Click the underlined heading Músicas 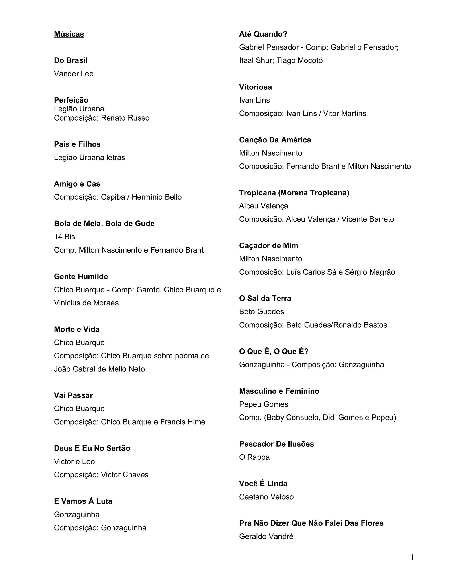click(69, 34)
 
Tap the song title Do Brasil click(71, 60)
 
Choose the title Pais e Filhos click(77, 144)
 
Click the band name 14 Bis click(65, 237)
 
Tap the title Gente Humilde click(81, 277)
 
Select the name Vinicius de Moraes click(86, 303)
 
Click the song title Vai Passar click(73, 395)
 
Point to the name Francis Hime click(183, 422)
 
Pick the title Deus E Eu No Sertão click(92, 448)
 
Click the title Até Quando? click(263, 34)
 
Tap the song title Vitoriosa click(256, 87)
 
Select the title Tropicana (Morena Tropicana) click(294, 193)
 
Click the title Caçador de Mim click(269, 246)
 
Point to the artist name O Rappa click(254, 457)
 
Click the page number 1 click(412, 558)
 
